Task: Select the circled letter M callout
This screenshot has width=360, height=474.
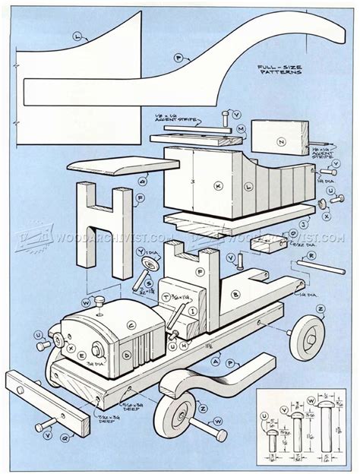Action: click(x=240, y=130)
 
